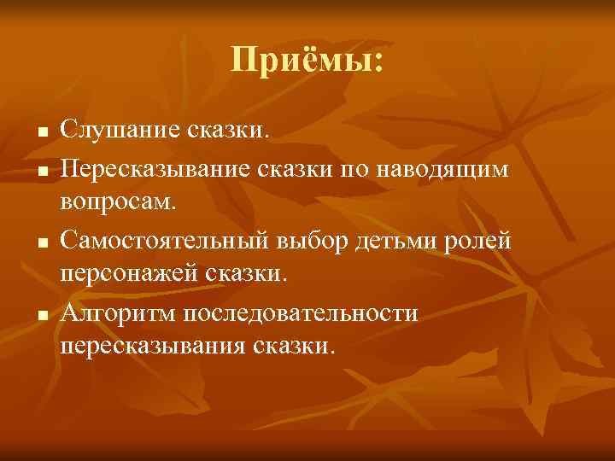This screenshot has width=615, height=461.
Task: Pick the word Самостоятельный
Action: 167,242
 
